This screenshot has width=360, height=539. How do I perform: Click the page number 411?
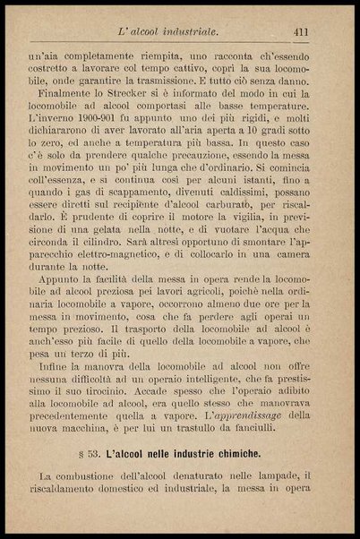301,32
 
